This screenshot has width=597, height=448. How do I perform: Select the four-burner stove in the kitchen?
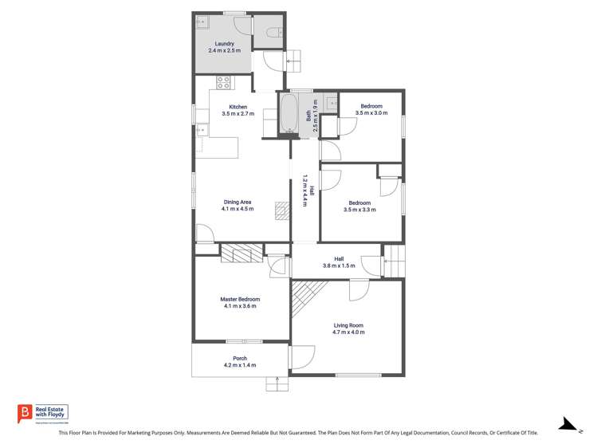224,81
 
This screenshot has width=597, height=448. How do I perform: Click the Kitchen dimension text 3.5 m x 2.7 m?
238,114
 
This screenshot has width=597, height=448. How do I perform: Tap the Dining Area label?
238,202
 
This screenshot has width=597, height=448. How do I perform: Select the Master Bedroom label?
240,299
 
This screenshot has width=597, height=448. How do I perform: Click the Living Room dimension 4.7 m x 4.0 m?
348,332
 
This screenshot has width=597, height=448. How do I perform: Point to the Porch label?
240,358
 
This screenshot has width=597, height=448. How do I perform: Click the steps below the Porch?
277,384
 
